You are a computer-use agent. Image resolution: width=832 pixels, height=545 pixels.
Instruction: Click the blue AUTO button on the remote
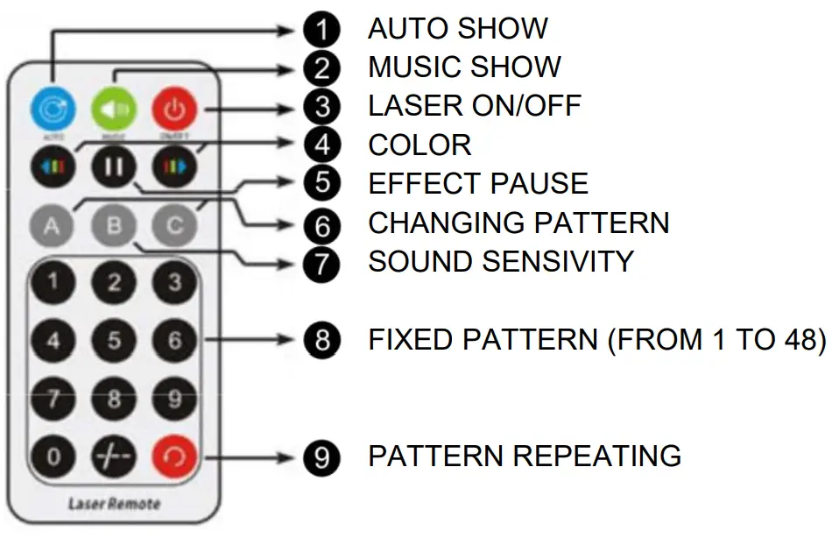53,110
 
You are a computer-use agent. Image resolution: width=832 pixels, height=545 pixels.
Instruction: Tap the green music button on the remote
113,110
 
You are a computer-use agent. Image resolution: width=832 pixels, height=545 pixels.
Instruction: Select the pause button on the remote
113,166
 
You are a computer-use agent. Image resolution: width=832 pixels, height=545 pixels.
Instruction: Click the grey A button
53,225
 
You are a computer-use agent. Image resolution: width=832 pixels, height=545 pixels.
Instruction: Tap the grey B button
113,225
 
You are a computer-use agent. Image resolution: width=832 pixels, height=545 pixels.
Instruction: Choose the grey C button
174,225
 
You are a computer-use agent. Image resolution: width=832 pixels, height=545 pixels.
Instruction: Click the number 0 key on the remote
53,457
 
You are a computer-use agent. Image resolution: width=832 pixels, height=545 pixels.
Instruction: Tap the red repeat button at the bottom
174,457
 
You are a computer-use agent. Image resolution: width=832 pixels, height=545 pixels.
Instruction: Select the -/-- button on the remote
113,457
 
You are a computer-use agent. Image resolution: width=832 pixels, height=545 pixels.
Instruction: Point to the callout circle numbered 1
323,30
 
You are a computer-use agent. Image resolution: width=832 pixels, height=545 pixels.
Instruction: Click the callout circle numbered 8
323,340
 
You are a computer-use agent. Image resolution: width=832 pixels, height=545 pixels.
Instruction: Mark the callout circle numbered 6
323,225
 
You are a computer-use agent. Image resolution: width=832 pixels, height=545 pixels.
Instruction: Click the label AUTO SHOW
457,28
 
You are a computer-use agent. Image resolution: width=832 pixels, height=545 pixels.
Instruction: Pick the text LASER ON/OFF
474,106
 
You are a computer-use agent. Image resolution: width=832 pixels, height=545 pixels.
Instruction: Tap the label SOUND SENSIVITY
500,261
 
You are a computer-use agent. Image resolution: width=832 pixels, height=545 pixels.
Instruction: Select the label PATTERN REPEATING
524,456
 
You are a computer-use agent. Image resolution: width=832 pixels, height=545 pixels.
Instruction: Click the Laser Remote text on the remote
114,504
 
